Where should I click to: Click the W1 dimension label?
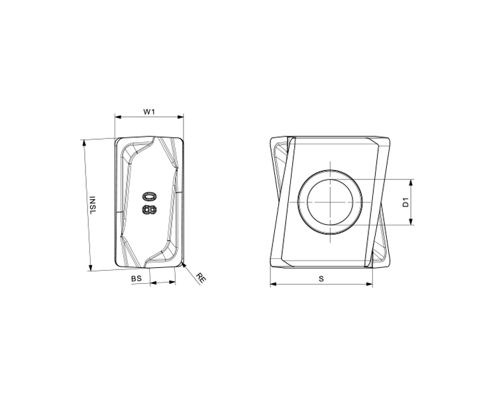(x=149, y=112)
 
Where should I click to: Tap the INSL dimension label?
(x=92, y=204)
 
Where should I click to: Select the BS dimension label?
(x=136, y=279)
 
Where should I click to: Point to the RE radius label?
(x=201, y=278)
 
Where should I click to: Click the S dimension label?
(x=321, y=279)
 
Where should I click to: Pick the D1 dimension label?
(x=406, y=202)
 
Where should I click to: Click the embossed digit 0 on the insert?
(x=149, y=197)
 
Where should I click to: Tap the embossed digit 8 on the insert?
(x=149, y=210)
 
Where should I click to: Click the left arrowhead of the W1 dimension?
(x=118, y=116)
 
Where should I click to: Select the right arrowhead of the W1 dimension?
(x=181, y=116)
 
